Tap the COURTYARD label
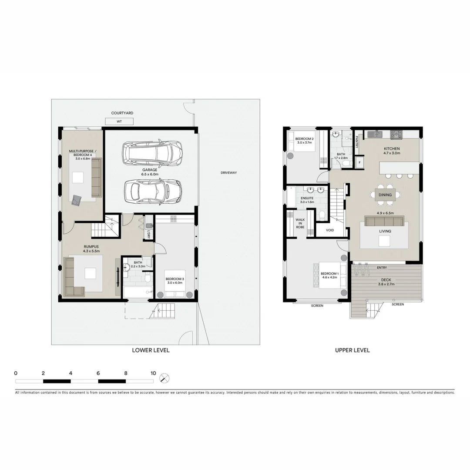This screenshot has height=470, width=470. (x=122, y=113)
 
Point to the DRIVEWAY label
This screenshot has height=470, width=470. (x=228, y=173)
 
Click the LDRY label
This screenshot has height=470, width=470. (x=148, y=233)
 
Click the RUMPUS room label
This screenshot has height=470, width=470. (x=92, y=246)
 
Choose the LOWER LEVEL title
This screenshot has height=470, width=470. (x=151, y=350)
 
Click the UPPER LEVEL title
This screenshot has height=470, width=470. (x=352, y=350)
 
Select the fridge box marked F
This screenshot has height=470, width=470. (x=359, y=163)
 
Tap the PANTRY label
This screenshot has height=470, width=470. (x=356, y=141)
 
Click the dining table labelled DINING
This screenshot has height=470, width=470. (x=385, y=195)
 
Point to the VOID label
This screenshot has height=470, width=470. (x=330, y=230)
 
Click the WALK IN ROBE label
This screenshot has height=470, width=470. (x=300, y=223)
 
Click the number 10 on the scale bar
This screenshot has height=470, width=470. (x=153, y=373)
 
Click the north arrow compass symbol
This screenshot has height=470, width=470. (x=164, y=378)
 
